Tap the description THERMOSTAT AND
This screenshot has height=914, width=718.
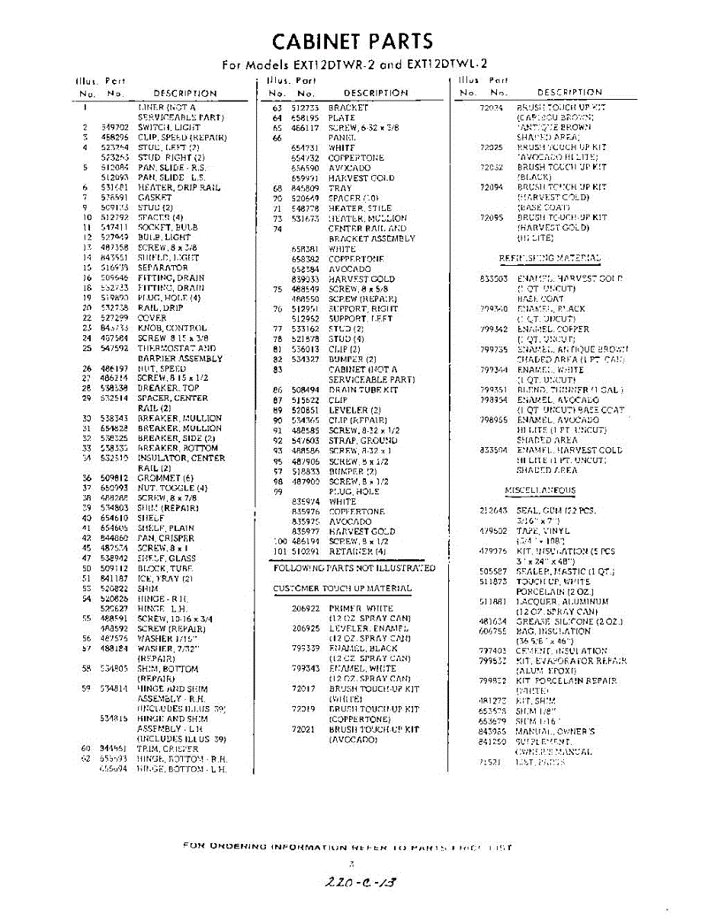tap(177, 348)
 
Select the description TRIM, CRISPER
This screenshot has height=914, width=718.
tap(168, 749)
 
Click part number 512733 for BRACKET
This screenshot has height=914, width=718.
tap(305, 108)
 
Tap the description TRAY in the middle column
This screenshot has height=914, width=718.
tap(340, 188)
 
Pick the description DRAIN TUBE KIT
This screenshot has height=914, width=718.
tap(363, 390)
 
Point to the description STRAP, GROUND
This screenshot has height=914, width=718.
tap(363, 440)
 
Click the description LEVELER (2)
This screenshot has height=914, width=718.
tap(354, 411)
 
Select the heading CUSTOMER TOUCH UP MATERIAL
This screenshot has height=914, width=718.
tap(342, 589)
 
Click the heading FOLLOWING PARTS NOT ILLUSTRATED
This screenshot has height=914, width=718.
tap(354, 568)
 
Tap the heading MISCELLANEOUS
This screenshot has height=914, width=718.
tap(540, 491)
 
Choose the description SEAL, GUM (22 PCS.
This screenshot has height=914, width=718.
tap(556, 510)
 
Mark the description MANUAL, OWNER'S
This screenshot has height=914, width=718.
tap(555, 732)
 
